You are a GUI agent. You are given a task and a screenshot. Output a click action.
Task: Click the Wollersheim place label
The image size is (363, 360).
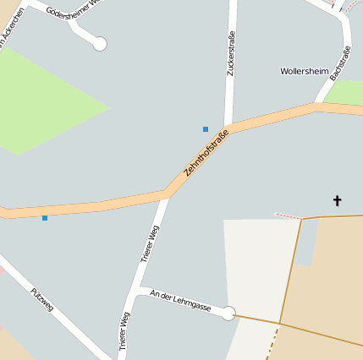point(304,71)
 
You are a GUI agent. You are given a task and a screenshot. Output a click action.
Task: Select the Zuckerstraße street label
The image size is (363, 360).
point(230,53)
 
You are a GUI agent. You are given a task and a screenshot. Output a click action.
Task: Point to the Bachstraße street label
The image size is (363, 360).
point(340,63)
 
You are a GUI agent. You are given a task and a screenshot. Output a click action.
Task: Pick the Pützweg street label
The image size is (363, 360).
point(41,299)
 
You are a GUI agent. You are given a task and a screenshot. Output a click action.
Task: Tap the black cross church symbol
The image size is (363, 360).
point(337,200)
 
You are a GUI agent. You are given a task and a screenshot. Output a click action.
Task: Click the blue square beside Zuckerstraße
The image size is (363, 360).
point(205,129)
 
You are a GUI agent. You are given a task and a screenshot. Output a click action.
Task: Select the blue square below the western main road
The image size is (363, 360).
point(45,218)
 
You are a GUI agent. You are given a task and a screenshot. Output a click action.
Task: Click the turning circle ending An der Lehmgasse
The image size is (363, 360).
point(228,313)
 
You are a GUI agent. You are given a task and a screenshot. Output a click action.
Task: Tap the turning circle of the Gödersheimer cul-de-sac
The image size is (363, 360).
point(100,43)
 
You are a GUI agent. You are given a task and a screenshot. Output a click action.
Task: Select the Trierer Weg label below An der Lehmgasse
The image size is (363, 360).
point(124,330)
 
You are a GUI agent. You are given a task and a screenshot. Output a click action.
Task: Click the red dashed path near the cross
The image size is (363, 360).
point(288,216)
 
